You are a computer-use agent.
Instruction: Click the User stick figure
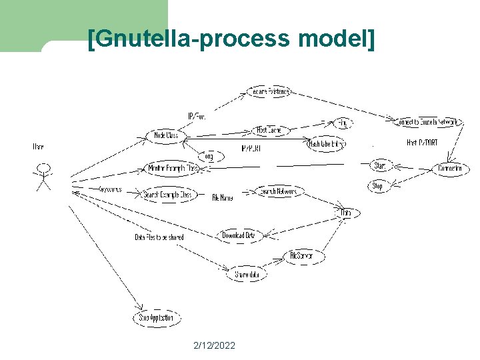coord(43,175)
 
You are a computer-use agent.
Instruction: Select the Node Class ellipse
coord(166,135)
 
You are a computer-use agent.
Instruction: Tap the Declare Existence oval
coord(269,91)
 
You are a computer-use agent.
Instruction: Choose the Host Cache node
coord(270,131)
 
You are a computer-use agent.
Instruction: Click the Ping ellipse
coord(343,123)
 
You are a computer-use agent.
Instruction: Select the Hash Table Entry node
coord(326,143)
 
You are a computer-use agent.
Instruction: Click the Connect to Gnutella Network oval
coord(427,123)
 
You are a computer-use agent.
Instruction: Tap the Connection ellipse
coord(451,169)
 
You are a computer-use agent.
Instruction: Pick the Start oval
coord(380,165)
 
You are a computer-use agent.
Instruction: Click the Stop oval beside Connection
coord(377,186)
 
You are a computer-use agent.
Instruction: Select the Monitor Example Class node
coord(173,169)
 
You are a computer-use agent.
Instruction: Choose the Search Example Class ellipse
coord(168,195)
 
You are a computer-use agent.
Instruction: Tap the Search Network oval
coord(281,191)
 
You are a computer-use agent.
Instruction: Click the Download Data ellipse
coord(238,235)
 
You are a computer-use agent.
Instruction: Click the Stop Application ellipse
coord(156,318)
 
